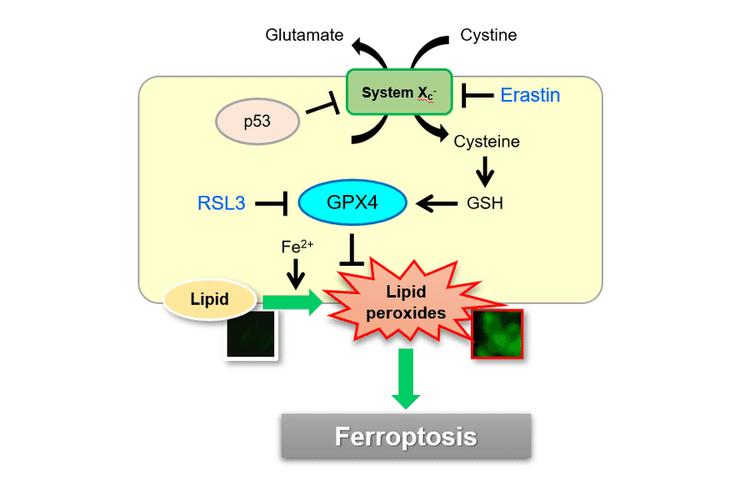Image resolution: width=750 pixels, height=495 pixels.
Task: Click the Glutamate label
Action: click(x=304, y=35)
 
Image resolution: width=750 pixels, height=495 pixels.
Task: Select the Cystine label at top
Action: click(x=488, y=35)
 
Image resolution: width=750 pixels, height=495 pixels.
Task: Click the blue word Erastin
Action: click(x=530, y=95)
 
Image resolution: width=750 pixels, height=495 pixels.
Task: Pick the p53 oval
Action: click(x=257, y=122)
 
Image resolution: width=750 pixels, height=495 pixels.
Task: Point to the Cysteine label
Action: click(x=487, y=142)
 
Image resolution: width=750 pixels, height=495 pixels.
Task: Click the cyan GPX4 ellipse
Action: click(x=352, y=202)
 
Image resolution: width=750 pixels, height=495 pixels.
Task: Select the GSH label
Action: click(x=485, y=202)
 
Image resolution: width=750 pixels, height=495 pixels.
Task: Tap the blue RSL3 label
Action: click(x=222, y=202)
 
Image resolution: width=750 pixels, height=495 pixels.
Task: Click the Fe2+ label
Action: click(x=297, y=247)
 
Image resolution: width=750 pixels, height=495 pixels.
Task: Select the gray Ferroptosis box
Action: click(x=406, y=436)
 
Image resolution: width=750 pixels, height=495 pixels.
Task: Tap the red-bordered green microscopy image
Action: click(x=497, y=333)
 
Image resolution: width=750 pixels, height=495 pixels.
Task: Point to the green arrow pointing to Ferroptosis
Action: click(x=406, y=378)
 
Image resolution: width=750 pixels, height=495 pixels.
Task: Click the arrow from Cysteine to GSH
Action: click(x=484, y=172)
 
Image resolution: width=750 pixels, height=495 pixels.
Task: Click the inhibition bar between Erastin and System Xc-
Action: click(x=477, y=95)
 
